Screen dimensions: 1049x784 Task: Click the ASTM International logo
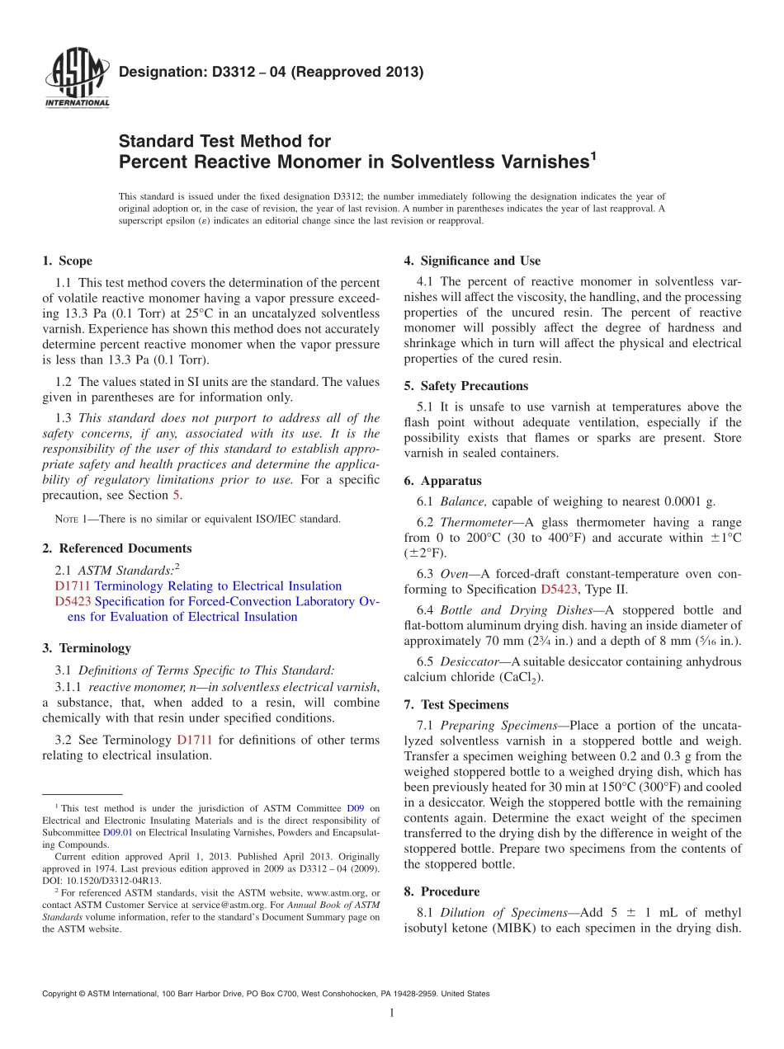(x=76, y=78)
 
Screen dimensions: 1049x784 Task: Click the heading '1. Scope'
(x=67, y=261)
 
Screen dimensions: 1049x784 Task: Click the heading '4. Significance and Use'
(x=472, y=261)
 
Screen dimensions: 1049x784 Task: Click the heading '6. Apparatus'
(x=442, y=481)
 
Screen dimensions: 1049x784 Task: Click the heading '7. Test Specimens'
(x=456, y=705)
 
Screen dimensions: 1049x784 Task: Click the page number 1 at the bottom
(x=392, y=1013)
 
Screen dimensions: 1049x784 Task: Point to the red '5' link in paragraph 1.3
(x=175, y=496)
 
